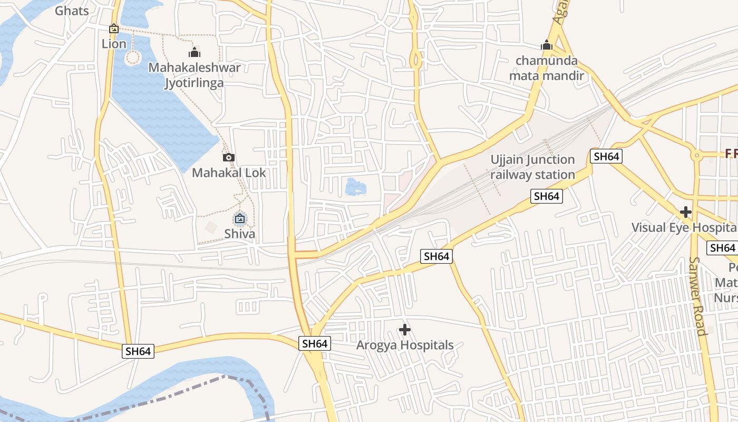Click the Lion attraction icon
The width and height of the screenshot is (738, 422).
click(x=114, y=28)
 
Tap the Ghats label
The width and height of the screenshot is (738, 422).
click(x=72, y=11)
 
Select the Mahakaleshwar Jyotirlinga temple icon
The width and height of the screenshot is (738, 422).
click(x=195, y=52)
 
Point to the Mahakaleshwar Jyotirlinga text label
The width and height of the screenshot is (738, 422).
click(x=195, y=75)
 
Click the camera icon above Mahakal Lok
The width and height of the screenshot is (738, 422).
click(x=229, y=157)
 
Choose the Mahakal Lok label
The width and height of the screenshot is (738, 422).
click(x=229, y=172)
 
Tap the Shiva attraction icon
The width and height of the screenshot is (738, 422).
click(x=240, y=218)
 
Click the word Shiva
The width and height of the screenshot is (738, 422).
click(x=240, y=234)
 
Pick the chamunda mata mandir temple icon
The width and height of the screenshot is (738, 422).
click(x=547, y=45)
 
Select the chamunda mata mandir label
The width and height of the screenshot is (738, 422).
click(x=547, y=68)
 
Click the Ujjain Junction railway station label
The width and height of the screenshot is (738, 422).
click(x=532, y=167)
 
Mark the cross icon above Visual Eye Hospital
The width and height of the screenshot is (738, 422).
click(x=685, y=212)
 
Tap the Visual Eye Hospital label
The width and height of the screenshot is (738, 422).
click(x=684, y=227)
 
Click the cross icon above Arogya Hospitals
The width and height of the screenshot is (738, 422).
click(x=405, y=330)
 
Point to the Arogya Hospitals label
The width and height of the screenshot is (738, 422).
click(x=405, y=345)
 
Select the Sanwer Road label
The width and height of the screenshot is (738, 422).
click(x=697, y=296)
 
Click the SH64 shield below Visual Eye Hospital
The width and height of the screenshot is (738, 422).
click(x=722, y=248)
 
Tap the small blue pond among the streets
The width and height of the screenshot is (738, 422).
click(x=355, y=187)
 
